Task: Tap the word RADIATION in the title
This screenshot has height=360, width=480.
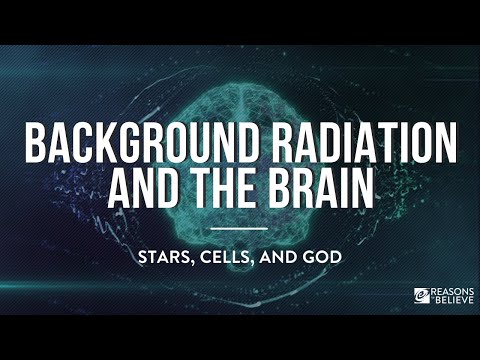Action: (x=364, y=146)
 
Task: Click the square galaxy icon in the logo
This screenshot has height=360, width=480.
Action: (x=422, y=296)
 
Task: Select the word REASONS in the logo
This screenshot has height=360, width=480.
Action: (x=449, y=291)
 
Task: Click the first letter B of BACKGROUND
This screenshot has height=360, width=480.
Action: (x=35, y=146)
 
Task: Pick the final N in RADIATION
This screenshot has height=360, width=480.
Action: (x=445, y=146)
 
